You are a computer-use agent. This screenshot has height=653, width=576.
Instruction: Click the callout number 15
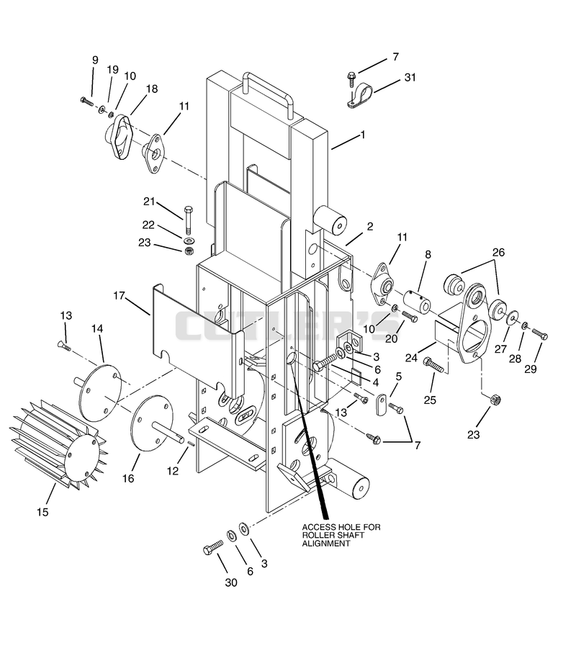(42, 512)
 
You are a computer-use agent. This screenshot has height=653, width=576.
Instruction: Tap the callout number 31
(410, 78)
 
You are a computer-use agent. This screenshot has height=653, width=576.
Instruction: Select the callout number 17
(119, 296)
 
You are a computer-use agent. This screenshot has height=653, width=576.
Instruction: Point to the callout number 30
(231, 582)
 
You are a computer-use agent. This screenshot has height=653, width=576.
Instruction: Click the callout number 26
(498, 253)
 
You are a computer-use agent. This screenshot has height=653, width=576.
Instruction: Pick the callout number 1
(363, 135)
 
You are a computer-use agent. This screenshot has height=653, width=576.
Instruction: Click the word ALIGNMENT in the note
(326, 544)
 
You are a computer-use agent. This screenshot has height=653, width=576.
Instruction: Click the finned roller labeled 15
(58, 446)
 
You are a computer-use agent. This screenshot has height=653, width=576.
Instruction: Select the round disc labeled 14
(100, 392)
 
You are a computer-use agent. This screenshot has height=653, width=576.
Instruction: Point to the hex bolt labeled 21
(188, 220)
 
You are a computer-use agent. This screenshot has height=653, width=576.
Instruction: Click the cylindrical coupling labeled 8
(417, 301)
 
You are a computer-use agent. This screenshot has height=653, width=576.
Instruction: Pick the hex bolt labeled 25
(434, 365)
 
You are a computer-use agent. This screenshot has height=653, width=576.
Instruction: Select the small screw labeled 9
(87, 102)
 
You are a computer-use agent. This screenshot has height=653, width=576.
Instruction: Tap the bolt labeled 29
(540, 333)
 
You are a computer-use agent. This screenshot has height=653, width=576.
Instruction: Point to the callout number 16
(128, 479)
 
